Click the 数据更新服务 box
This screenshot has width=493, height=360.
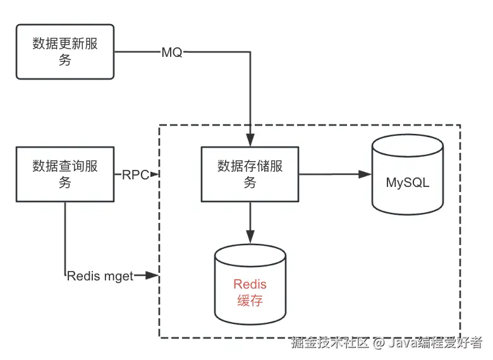pos(65,52)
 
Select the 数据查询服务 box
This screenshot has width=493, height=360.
pos(65,174)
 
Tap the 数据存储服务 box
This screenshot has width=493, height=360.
pos(250,174)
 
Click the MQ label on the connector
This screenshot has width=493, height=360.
pos(172,53)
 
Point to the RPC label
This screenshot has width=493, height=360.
pos(135,175)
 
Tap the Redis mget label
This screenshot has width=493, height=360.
pos(100,276)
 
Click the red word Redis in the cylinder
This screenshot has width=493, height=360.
pos(250,284)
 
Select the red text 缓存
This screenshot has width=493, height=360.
pos(250,301)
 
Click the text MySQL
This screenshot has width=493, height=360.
pos(408,183)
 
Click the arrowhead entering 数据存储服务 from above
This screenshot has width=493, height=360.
pos(251,142)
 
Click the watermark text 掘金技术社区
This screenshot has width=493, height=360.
pos(329,343)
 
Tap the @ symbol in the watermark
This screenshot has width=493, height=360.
pos(378,344)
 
